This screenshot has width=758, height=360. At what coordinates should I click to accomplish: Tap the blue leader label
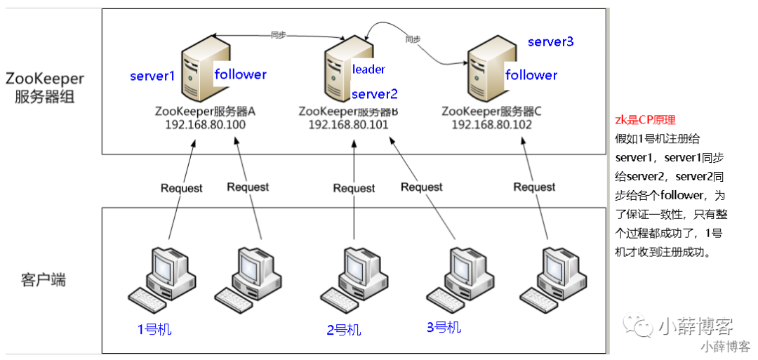click(368, 69)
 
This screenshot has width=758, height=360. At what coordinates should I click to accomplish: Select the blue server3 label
click(551, 41)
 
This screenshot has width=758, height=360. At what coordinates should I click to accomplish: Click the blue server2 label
click(375, 93)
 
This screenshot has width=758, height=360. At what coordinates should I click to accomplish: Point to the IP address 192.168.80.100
click(206, 124)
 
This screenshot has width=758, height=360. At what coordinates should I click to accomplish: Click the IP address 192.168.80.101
click(348, 124)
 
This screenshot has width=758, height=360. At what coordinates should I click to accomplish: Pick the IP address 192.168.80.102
click(491, 124)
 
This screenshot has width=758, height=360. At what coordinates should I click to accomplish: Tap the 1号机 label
click(154, 330)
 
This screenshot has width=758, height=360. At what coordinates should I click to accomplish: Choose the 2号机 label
click(344, 330)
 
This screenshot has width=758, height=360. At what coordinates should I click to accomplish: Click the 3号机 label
click(444, 327)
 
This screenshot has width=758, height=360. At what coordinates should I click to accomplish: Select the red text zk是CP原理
click(640, 120)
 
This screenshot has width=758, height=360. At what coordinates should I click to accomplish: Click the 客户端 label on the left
click(44, 280)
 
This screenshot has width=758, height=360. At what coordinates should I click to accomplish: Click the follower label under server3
click(531, 75)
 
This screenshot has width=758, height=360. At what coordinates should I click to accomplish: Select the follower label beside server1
click(240, 74)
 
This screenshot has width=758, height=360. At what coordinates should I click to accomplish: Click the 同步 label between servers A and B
click(277, 35)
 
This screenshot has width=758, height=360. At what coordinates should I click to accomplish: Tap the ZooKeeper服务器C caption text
click(491, 112)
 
